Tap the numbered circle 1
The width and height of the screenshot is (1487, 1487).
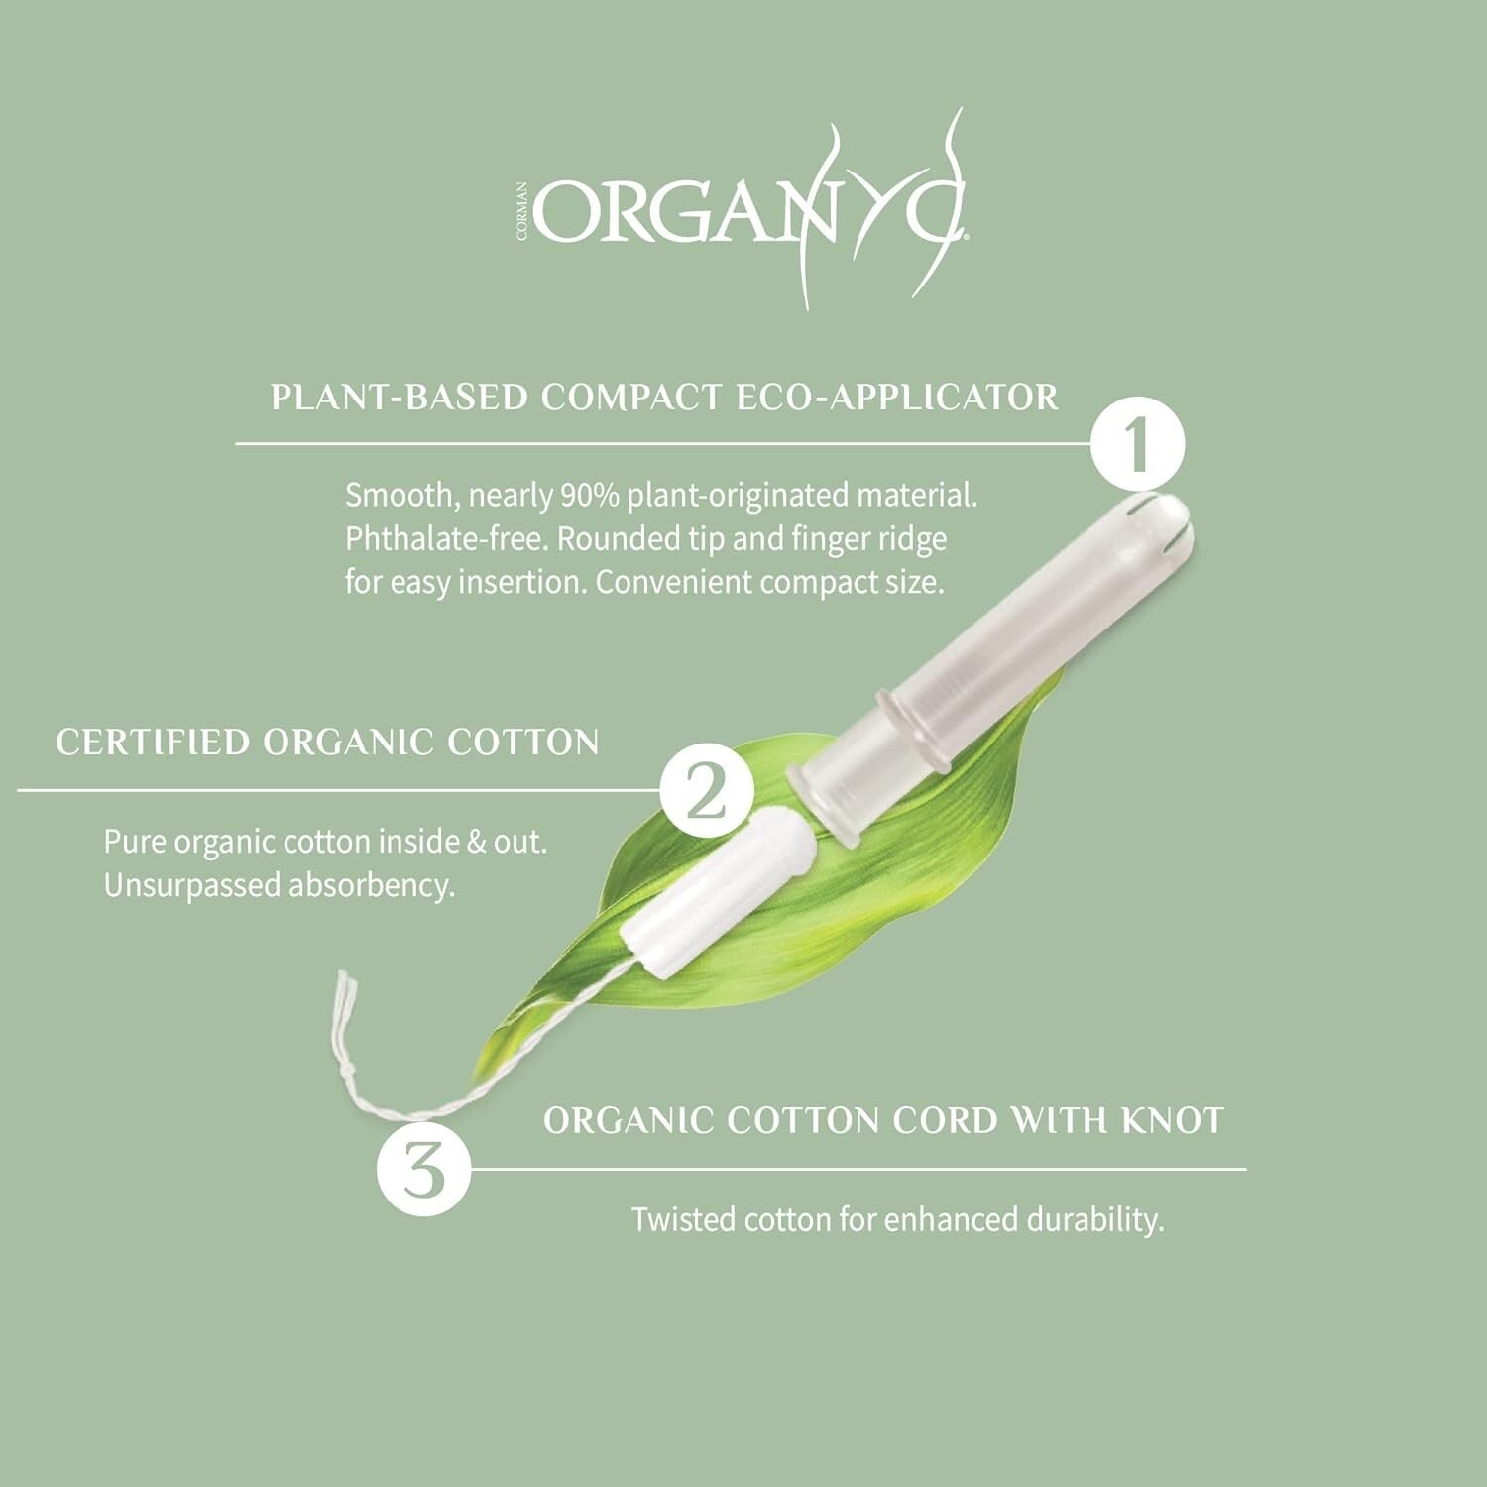pyautogui.click(x=1138, y=445)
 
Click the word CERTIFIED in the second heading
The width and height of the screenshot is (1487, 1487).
pyautogui.click(x=151, y=743)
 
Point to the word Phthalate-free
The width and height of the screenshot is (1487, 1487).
pyautogui.click(x=446, y=539)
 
